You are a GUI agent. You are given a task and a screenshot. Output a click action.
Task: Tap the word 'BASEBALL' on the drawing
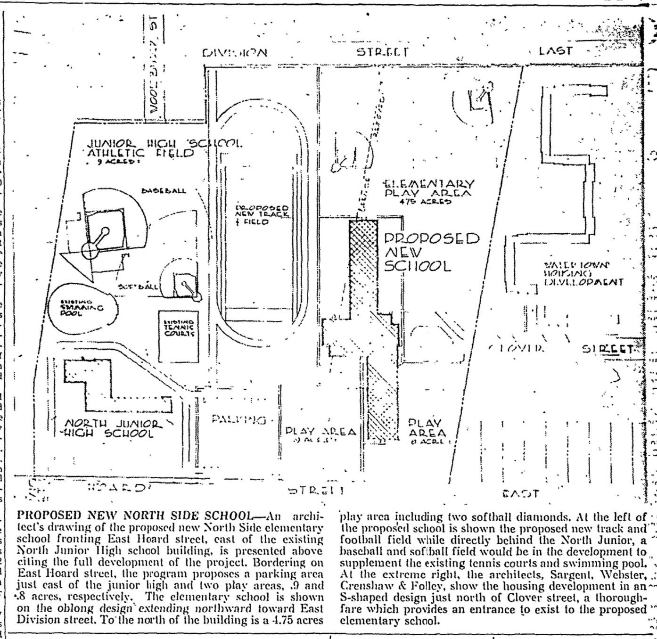click(x=164, y=191)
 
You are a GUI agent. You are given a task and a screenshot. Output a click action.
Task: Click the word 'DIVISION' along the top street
click(x=235, y=52)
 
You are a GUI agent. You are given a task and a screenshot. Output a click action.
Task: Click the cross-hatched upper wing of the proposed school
click(x=363, y=264)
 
